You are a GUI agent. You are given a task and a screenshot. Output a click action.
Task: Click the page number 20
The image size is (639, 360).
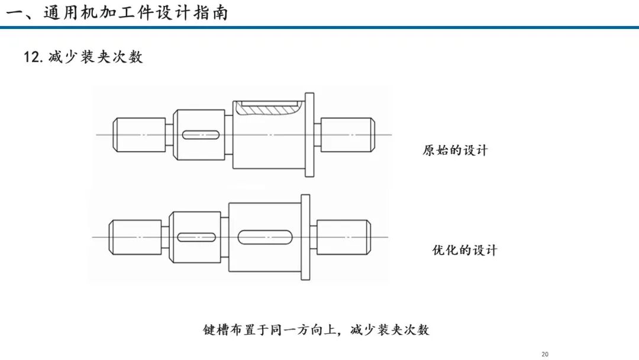545,354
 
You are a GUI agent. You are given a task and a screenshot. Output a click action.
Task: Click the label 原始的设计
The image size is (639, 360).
455,150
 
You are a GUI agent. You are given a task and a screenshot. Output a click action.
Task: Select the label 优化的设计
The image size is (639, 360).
464,249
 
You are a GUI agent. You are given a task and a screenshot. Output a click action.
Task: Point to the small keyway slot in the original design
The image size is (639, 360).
201,135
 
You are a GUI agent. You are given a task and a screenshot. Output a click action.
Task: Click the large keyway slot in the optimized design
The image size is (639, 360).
265,237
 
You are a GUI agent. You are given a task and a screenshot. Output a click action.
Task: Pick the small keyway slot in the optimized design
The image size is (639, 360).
196,237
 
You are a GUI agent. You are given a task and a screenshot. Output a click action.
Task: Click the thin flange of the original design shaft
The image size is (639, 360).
309,135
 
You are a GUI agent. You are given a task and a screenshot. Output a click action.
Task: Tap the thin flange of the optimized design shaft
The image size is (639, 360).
305,237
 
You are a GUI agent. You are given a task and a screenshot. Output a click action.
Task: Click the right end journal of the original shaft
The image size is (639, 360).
348,135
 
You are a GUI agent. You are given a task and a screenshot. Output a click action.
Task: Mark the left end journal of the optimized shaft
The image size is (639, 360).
135,237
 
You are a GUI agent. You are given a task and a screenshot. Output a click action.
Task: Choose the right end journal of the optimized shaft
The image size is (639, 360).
344,237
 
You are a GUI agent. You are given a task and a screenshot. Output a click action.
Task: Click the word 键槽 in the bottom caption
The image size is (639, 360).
216,329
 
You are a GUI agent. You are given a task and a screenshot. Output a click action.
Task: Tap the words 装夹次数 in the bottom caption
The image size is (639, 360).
403,329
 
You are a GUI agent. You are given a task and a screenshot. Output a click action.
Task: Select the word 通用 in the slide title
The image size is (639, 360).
61,12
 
